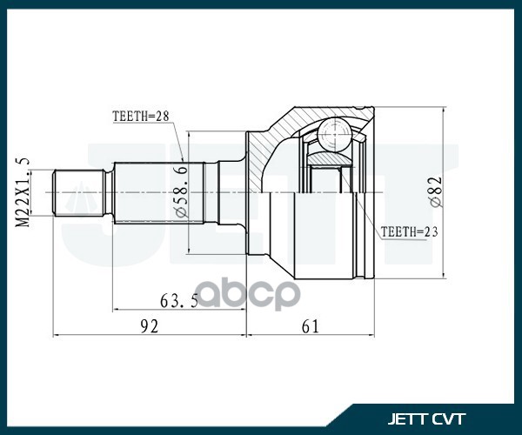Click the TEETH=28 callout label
point(139,115)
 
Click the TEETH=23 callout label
point(408,231)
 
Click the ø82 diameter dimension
point(436,191)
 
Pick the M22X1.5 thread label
point(23,192)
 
